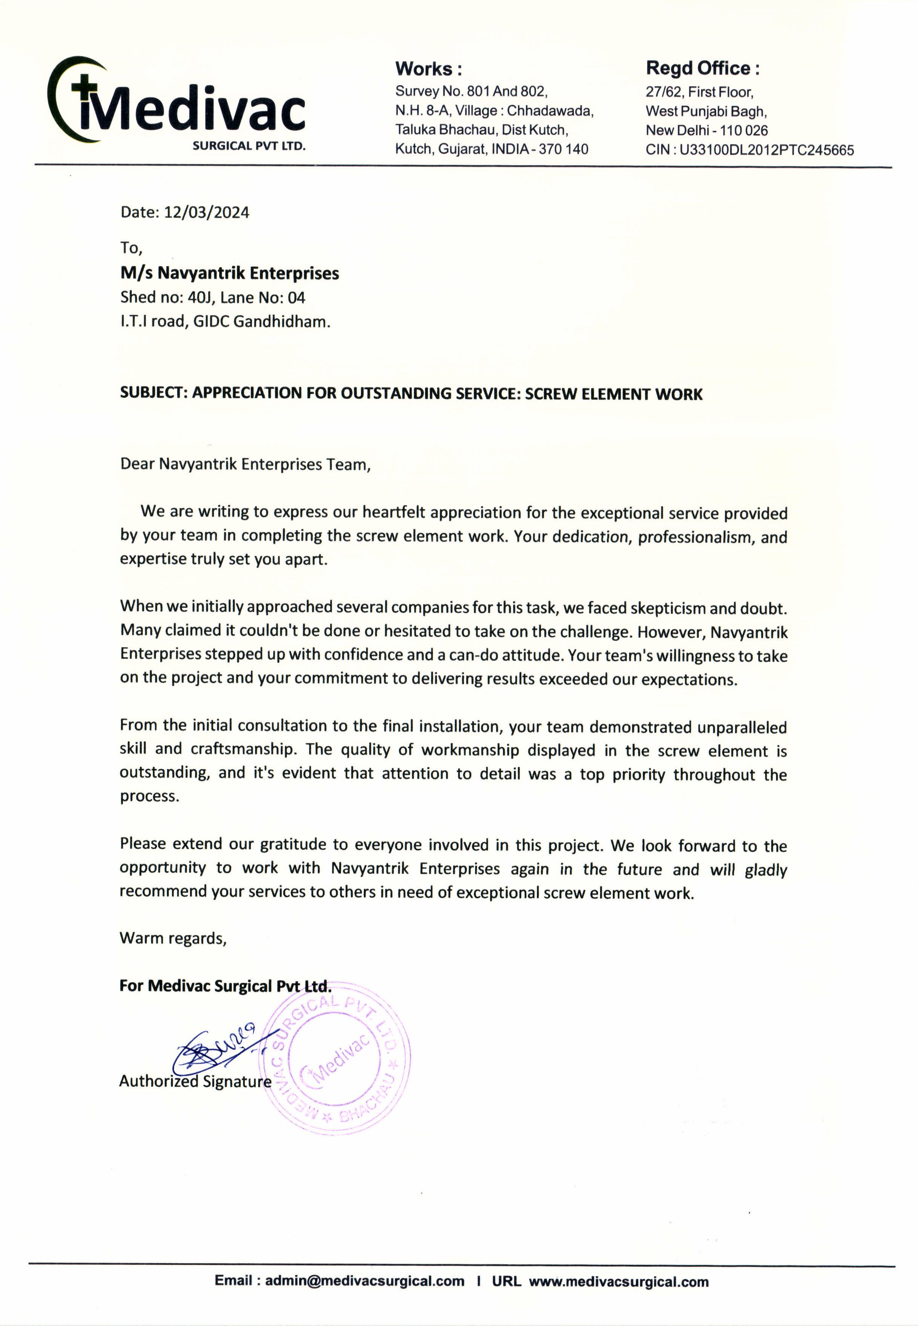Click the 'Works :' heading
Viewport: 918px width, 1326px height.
pos(428,69)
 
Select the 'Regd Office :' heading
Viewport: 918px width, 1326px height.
pos(702,68)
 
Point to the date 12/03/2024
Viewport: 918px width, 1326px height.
pos(207,213)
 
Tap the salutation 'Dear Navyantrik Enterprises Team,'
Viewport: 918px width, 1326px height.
pos(245,464)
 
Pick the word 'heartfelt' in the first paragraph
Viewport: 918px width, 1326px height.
pos(394,512)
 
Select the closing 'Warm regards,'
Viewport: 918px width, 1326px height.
pos(173,938)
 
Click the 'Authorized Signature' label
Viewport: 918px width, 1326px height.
pos(195,1082)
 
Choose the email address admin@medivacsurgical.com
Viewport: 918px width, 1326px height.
pos(364,1281)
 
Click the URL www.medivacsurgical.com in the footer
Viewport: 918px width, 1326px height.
pos(618,1282)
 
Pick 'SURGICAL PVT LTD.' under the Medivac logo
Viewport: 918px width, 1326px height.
pos(249,146)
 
